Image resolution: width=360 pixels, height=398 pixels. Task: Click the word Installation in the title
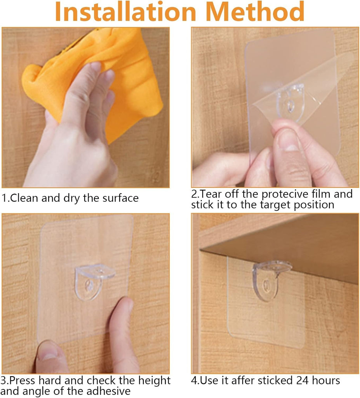point(125,12)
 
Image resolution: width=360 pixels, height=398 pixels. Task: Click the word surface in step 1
point(120,198)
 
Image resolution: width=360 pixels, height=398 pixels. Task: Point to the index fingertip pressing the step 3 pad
point(125,305)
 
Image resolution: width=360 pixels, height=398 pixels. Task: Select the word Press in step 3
point(23,381)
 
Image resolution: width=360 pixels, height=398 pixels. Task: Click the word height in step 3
point(154,381)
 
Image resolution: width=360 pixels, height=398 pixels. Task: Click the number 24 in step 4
point(302,381)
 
